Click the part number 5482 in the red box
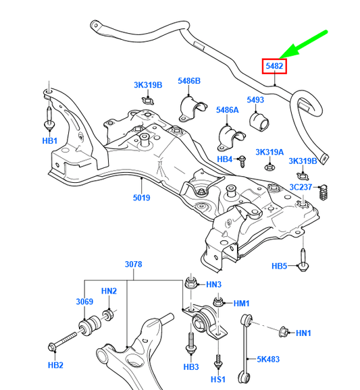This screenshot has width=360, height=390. point(274,65)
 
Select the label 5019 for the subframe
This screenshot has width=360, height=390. point(141,198)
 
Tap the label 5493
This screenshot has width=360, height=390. point(255,101)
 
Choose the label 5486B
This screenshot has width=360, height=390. point(189,82)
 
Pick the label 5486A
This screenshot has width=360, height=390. point(228,109)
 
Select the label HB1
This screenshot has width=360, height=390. point(50,142)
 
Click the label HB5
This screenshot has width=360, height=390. point(280,267)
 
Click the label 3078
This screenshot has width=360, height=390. point(133,264)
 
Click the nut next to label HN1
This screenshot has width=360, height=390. point(284,331)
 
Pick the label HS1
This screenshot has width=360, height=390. point(217,380)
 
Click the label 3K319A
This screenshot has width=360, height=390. point(269,152)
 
